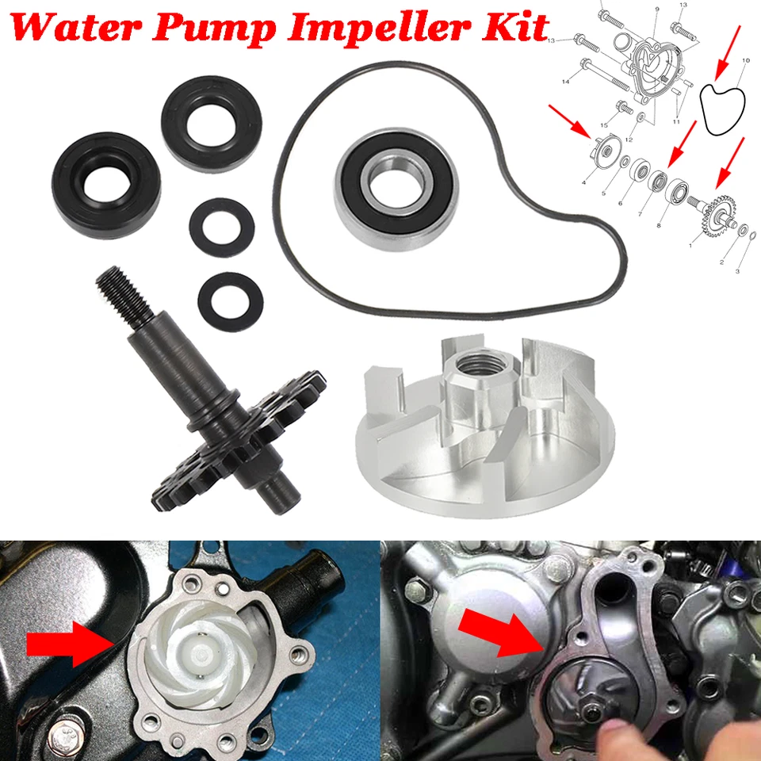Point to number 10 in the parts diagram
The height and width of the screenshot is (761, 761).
click(745, 61)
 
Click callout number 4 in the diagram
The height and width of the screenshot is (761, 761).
click(583, 182)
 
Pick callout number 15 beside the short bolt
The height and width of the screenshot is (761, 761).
click(603, 124)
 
